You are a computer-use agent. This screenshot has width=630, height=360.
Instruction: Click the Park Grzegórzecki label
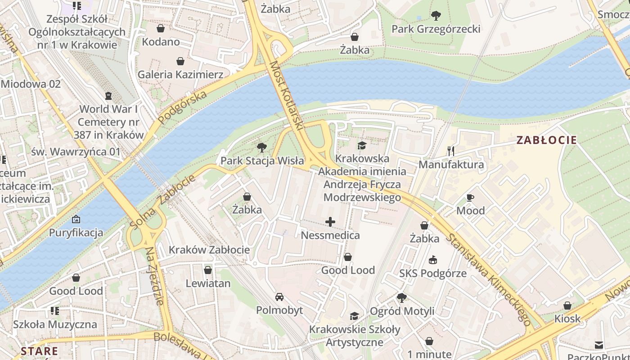pos(436,29)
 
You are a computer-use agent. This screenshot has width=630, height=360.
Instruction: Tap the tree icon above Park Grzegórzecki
pos(436,16)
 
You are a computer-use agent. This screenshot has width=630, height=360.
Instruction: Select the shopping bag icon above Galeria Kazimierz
pos(180,61)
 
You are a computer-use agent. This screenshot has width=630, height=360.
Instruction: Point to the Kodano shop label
pos(161,42)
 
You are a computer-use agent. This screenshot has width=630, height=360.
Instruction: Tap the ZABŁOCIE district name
pos(546,140)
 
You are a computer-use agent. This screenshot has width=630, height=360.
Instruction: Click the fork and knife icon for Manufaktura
pos(451,151)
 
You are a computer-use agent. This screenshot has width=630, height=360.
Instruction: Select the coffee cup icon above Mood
pos(470,198)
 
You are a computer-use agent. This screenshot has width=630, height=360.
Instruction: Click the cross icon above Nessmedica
pos(330,222)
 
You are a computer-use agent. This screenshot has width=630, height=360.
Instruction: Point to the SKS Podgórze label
pos(433,273)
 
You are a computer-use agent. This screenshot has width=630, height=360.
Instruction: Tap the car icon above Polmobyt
pos(279,297)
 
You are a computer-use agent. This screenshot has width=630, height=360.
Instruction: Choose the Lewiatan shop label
pos(208,283)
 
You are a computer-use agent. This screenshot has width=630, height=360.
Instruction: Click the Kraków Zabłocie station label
pos(209,250)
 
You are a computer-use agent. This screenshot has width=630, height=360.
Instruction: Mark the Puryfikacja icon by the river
pos(76,220)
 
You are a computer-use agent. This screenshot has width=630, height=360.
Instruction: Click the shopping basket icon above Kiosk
pos(567,306)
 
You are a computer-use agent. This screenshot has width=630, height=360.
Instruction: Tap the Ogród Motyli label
pos(402,311)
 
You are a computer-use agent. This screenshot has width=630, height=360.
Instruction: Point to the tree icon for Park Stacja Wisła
pos(261,148)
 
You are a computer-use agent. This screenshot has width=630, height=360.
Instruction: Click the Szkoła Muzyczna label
pos(54,324)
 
